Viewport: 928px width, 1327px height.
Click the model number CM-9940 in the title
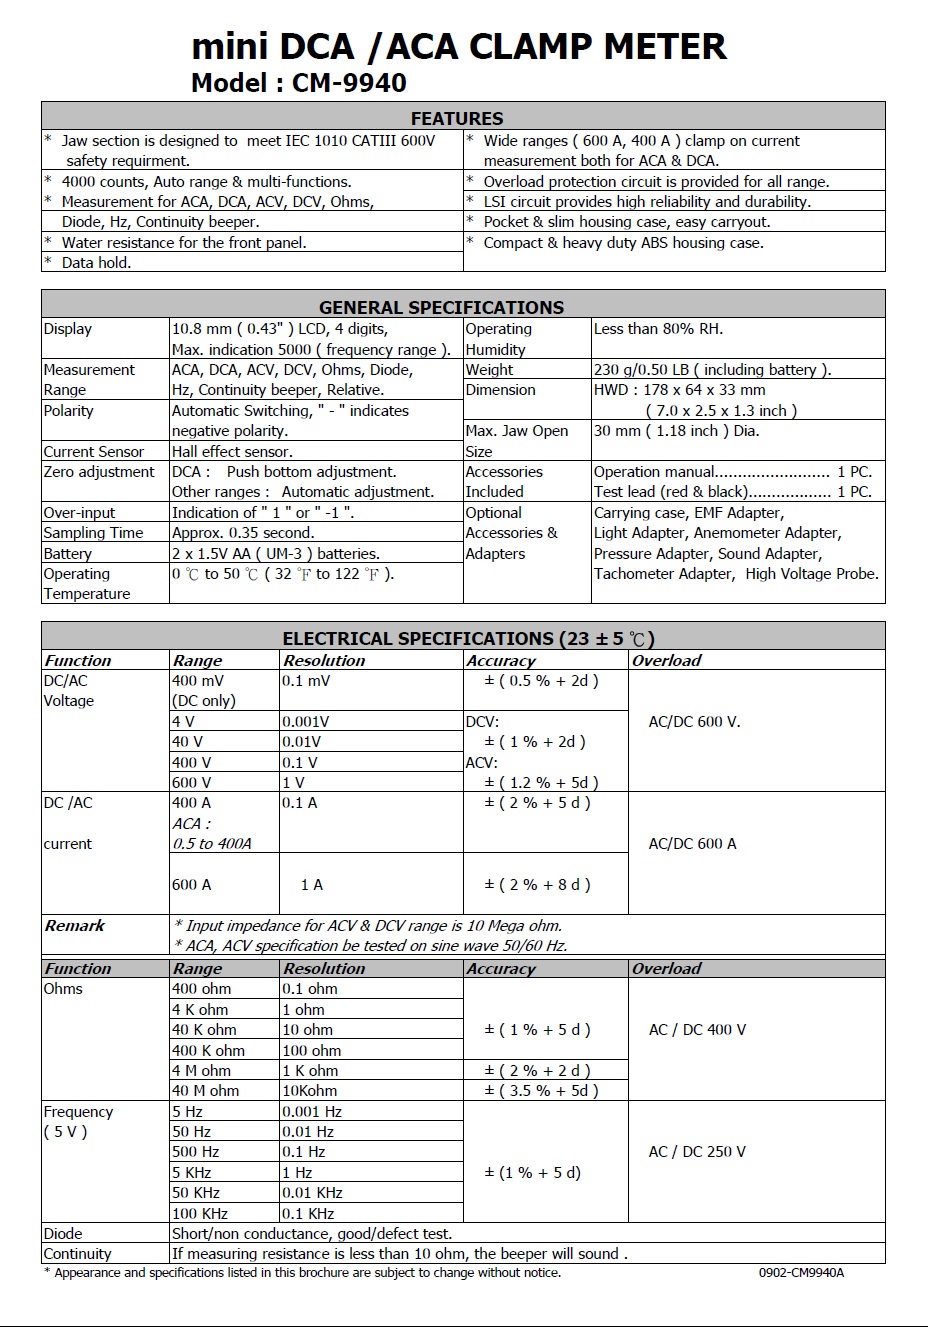pos(349,82)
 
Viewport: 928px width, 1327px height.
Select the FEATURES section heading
pos(457,118)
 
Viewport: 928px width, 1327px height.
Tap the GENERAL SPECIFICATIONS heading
pos(441,307)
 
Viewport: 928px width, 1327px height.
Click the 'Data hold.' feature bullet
pos(96,263)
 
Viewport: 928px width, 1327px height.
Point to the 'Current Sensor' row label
pos(94,452)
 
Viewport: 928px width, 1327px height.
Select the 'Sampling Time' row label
pos(94,533)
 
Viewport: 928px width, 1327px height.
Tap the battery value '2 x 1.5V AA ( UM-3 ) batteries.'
pos(276,554)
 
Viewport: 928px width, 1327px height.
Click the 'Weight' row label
pos(489,370)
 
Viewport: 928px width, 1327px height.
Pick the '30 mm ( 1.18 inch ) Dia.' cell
pos(677,431)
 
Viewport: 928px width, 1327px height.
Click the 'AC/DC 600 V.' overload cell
pos(695,722)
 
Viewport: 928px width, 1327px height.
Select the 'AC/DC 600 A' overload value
pos(692,844)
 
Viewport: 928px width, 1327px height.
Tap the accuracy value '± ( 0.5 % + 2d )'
pos(541,681)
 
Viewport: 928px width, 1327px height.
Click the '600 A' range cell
pos(192,885)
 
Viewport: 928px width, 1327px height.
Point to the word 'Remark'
pos(75,926)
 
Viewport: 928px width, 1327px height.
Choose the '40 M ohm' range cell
pos(206,1091)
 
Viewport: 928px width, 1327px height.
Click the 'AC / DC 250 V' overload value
pos(697,1152)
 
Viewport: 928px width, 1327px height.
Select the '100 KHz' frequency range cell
pos(200,1214)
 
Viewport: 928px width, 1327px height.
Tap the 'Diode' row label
pos(63,1234)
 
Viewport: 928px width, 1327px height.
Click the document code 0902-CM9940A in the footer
pos(801,1273)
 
